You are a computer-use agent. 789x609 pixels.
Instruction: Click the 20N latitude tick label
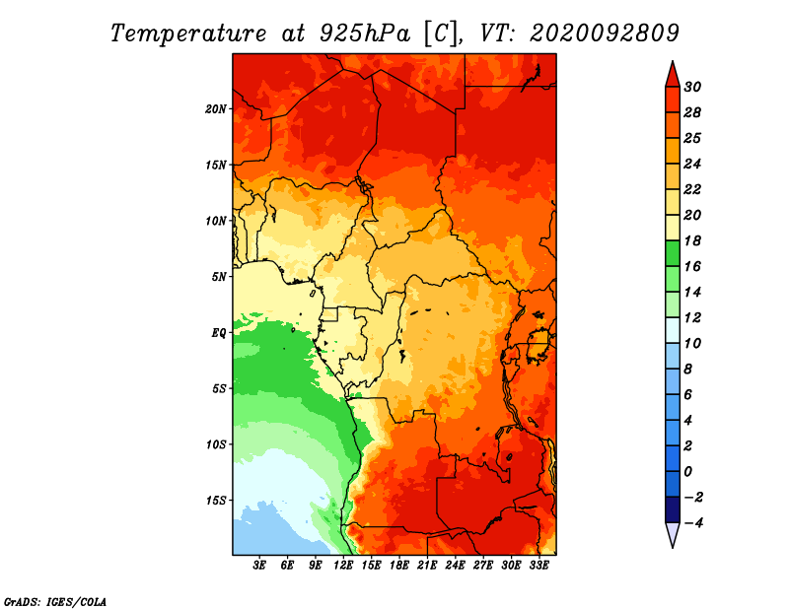(215, 109)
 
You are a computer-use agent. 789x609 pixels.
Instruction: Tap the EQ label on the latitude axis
(219, 333)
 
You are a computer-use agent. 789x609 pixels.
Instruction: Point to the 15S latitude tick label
(215, 501)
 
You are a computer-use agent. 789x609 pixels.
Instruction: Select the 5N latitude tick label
(219, 277)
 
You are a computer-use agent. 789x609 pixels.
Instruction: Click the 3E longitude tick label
(259, 565)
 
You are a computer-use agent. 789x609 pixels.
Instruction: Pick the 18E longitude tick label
(399, 565)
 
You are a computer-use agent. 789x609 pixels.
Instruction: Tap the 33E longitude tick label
(538, 565)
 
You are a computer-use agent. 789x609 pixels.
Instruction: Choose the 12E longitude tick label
(343, 565)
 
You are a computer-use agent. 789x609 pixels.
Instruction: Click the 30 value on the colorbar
(692, 87)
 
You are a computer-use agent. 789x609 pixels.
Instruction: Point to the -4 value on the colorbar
(693, 523)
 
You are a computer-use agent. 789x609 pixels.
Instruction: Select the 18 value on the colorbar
(692, 240)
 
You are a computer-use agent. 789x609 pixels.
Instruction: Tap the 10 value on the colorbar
(692, 344)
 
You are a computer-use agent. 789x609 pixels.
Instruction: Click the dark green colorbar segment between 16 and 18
(673, 253)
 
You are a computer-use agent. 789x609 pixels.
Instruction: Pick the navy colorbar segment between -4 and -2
(673, 509)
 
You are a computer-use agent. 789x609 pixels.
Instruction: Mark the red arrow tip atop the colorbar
(673, 61)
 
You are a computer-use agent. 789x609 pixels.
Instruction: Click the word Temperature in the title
(187, 34)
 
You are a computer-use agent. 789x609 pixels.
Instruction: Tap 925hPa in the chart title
(365, 34)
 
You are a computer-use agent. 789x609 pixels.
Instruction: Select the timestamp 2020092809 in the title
(605, 34)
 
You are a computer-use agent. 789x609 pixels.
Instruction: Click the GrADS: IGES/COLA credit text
(55, 602)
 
